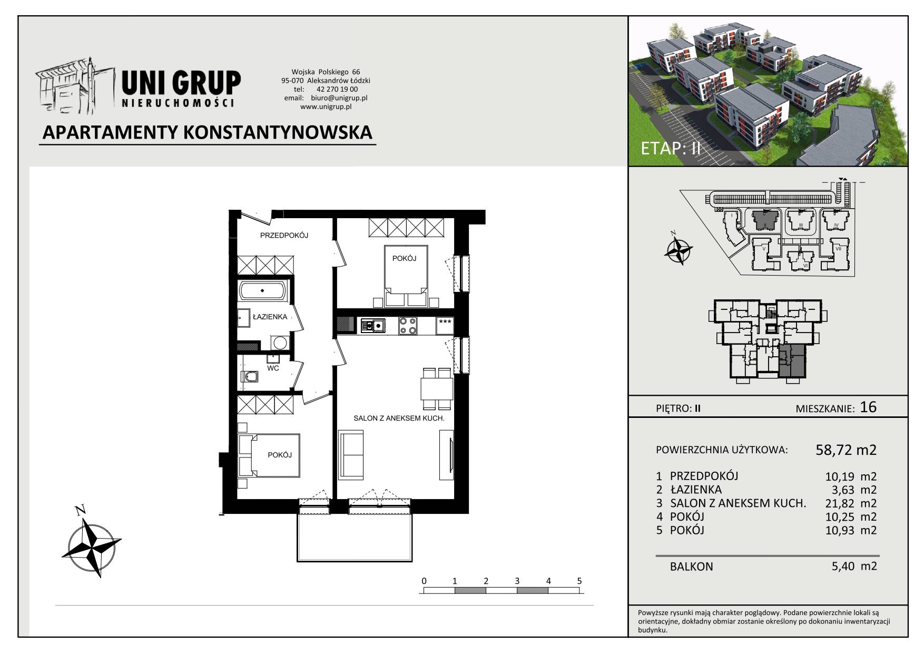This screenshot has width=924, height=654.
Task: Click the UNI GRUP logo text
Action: [x=181, y=84]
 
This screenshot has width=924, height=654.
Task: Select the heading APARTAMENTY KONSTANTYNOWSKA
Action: [x=208, y=132]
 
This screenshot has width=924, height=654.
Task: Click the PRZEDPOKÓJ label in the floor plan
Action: [x=284, y=236]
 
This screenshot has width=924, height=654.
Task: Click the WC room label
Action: [x=273, y=368]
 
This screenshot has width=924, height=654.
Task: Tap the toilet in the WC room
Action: [x=250, y=377]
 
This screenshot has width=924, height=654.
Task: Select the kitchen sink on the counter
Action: [x=372, y=325]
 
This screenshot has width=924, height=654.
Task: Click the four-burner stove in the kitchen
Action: [x=408, y=325]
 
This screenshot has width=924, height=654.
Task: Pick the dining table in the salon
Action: [x=437, y=389]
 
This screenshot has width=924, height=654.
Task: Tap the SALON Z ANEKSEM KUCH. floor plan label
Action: [x=399, y=418]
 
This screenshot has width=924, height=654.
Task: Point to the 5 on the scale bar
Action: [x=579, y=581]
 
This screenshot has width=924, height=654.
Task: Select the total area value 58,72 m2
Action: [x=846, y=450]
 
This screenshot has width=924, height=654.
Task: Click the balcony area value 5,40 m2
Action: [x=851, y=567]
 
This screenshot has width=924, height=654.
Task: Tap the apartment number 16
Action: [x=868, y=407]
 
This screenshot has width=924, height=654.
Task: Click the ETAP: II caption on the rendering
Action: [x=671, y=148]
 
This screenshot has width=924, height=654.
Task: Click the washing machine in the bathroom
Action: [x=280, y=343]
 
